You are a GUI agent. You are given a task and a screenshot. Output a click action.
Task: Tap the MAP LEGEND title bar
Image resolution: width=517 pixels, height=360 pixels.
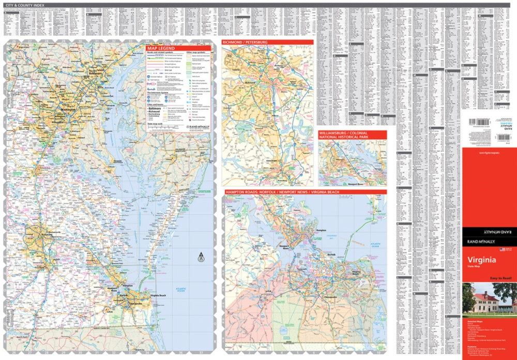point(161,48)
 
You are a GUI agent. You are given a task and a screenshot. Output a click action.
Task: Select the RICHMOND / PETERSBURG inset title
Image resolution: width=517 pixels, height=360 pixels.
point(245,42)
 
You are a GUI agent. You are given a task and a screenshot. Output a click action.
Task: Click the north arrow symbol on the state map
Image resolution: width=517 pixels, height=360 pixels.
point(201,256)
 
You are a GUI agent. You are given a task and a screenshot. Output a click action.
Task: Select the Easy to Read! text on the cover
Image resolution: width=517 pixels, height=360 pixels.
point(500,278)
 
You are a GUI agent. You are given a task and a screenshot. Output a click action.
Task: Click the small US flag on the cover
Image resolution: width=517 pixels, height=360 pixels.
point(501,249)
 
